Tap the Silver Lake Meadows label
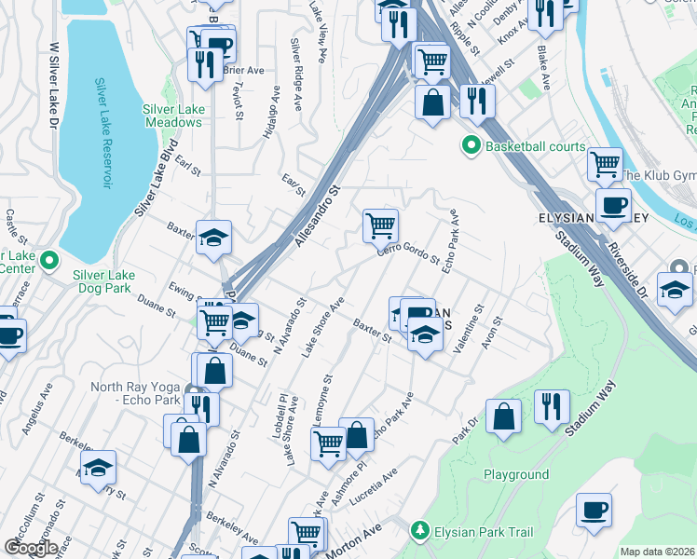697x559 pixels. pyautogui.click(x=173, y=116)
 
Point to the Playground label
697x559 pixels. pyautogui.click(x=515, y=474)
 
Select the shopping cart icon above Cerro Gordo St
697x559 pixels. pyautogui.click(x=380, y=225)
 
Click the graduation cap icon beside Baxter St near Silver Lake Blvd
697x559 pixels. pyautogui.click(x=213, y=237)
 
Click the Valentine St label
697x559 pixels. pyautogui.click(x=469, y=330)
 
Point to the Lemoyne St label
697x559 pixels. pyautogui.click(x=328, y=400)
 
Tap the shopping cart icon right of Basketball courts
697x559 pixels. pyautogui.click(x=605, y=165)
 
